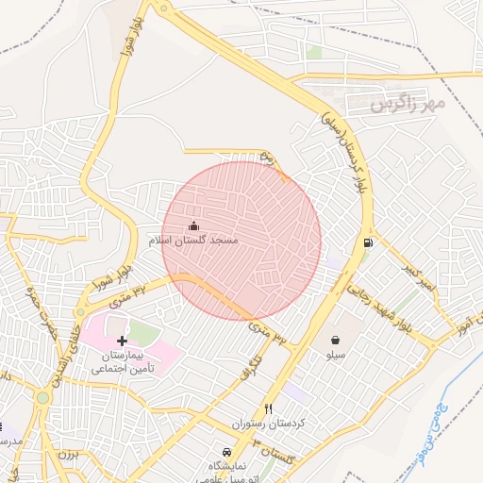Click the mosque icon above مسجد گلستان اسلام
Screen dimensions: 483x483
coord(194,225)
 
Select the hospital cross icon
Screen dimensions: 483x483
coord(122,340)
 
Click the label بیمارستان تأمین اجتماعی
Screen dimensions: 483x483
coord(122,363)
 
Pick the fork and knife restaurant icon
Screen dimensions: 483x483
coord(269,408)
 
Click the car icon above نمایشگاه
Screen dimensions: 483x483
coord(225,451)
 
